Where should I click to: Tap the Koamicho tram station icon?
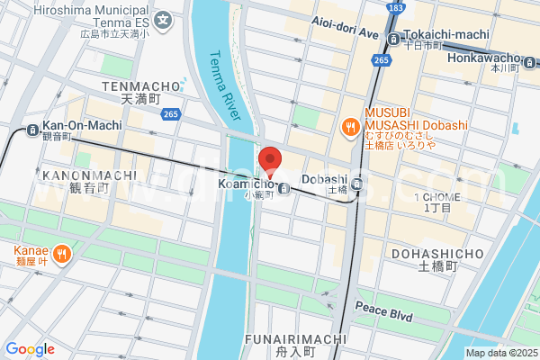click(x=284, y=188)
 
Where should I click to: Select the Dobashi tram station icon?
click(x=357, y=184)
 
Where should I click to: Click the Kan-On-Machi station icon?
click(x=33, y=127)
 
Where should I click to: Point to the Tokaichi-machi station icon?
click(x=394, y=38)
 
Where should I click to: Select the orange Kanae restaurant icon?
click(x=61, y=255)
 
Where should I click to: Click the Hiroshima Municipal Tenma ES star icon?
click(x=163, y=20)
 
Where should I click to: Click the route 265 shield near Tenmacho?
click(x=171, y=113)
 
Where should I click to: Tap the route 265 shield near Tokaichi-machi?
click(x=381, y=59)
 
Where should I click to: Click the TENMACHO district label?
click(x=135, y=86)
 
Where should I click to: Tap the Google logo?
click(x=30, y=349)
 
